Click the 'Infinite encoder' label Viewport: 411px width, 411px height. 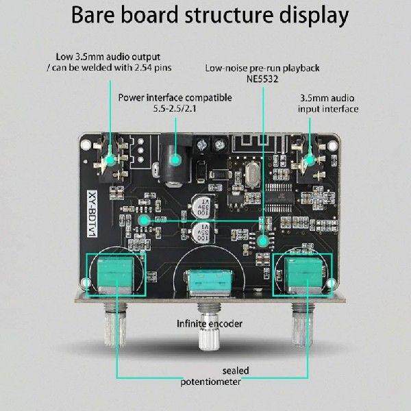(210, 323)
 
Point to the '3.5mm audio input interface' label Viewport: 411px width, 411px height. (329, 103)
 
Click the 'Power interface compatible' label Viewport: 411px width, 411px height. (175, 97)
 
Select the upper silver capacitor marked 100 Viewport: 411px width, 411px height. (203, 203)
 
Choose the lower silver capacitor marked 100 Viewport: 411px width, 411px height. (203, 231)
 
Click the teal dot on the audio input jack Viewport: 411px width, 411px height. (310, 160)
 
